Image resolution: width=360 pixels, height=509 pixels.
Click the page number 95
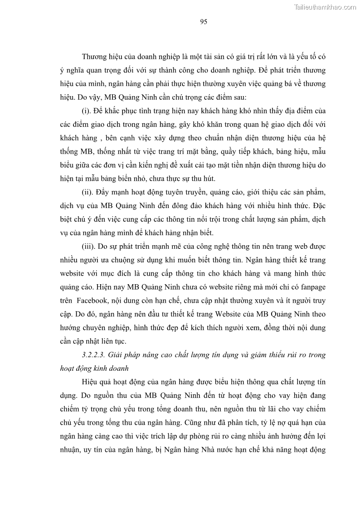click(203, 22)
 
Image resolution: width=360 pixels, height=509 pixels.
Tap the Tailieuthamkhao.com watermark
click(325, 7)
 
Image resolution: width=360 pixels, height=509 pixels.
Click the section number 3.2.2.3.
click(95, 354)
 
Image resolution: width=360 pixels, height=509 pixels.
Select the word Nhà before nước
click(214, 450)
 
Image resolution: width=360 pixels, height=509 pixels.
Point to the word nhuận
click(70, 450)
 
